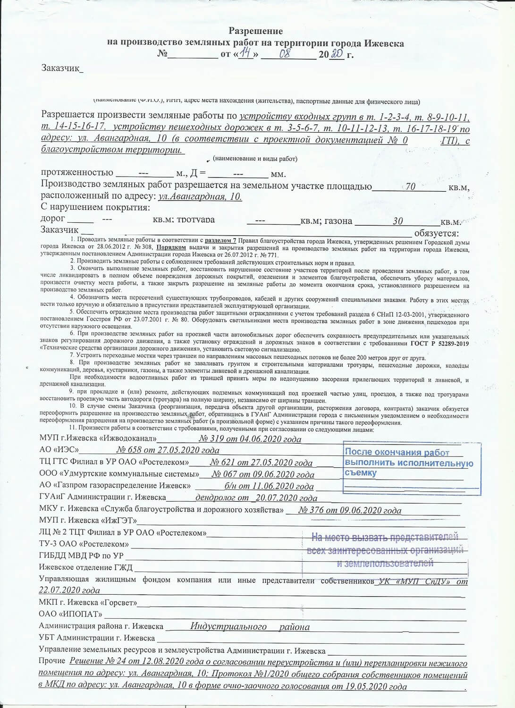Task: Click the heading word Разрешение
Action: [255, 31]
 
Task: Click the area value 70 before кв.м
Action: [410, 187]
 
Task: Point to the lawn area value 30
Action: [397, 221]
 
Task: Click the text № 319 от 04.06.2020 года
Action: [250, 439]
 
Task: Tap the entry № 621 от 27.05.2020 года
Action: [261, 463]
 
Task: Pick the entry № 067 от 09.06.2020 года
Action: [263, 474]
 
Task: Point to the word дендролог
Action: [215, 497]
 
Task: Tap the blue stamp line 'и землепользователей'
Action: [385, 563]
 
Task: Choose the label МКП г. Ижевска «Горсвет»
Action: [88, 602]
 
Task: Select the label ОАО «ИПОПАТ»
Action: [70, 614]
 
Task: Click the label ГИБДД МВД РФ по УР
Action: [81, 556]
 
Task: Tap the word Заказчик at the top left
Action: [60, 68]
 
